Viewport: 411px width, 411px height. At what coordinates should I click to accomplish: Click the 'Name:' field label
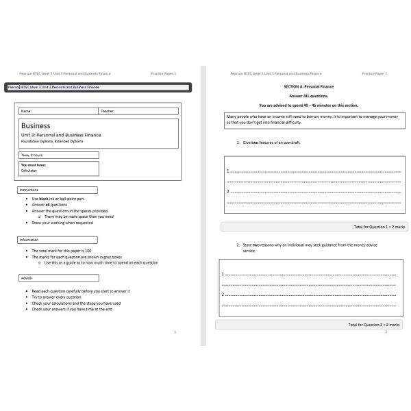coord(27,111)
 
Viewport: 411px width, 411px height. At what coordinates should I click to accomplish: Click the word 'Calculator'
coord(29,170)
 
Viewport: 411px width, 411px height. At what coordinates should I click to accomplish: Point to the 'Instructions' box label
coord(29,190)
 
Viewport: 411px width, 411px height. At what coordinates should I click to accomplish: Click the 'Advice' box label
coord(27,278)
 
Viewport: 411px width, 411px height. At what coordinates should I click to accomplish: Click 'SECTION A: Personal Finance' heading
coord(304,87)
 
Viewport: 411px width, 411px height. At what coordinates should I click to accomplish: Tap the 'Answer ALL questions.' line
coord(304,96)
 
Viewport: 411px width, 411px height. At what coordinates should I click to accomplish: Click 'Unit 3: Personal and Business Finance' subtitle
coord(61,135)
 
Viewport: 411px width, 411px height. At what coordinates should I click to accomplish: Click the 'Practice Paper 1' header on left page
coord(164,73)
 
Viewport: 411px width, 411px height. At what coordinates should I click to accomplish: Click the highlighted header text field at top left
coord(97,87)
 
